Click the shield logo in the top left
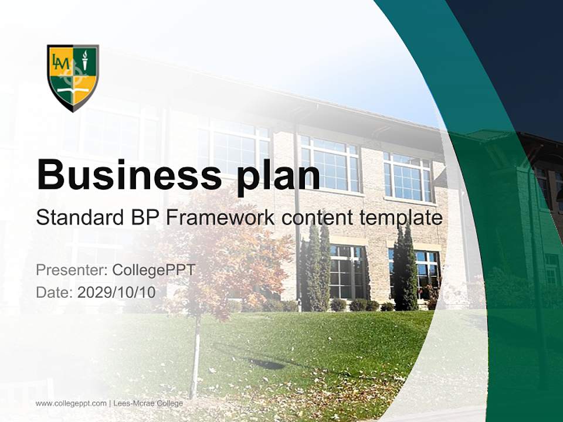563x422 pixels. tap(73, 77)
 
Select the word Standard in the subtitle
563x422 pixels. tap(76, 218)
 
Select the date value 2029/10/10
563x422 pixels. tap(116, 292)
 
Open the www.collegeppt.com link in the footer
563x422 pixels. tap(71, 403)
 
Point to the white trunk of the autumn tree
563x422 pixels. tap(195, 358)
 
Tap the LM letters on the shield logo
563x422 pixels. tap(60, 60)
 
